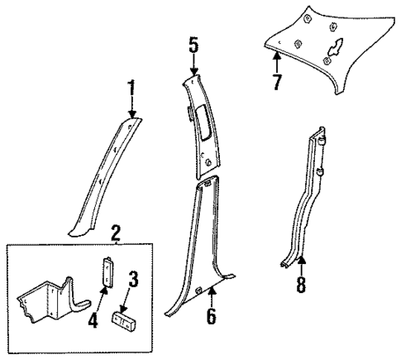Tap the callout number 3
[x=131, y=278]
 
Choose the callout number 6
[x=213, y=314]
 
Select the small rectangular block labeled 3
[x=127, y=319]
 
